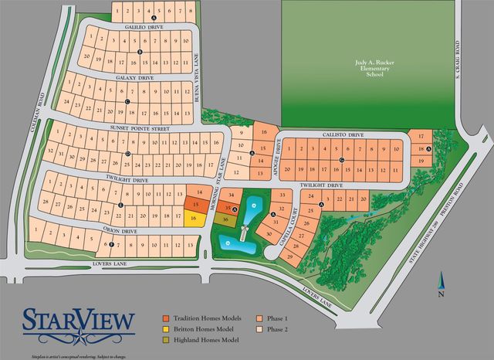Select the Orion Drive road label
(120, 230)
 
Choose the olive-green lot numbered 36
(225, 219)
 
